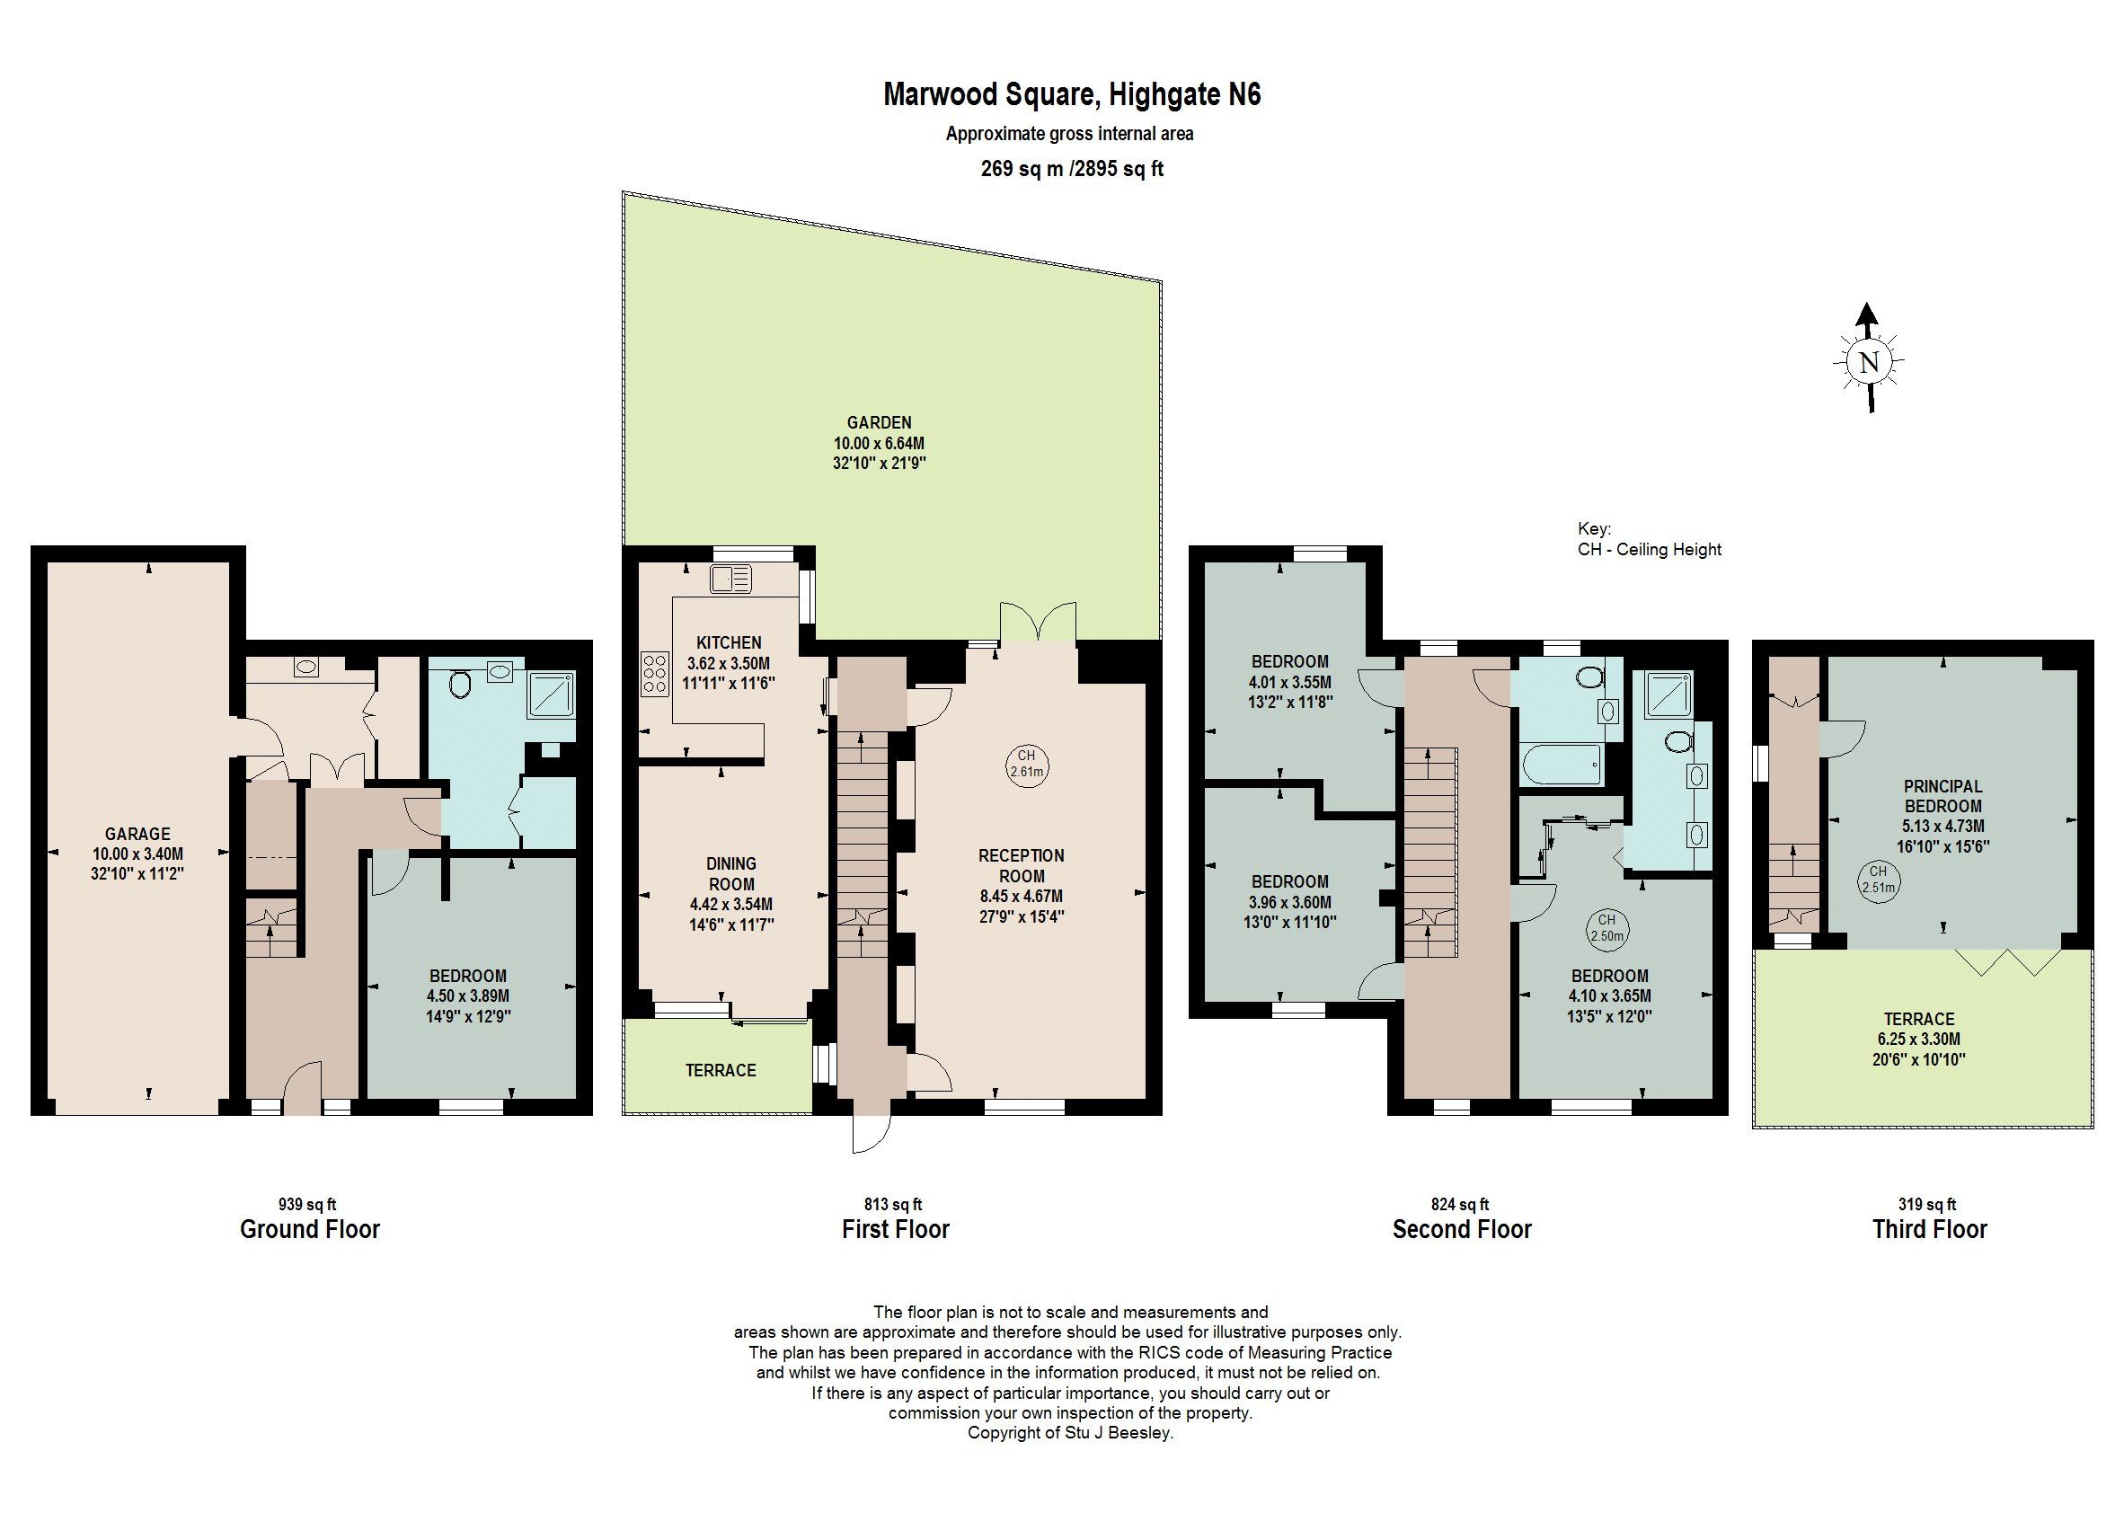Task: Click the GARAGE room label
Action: point(137,834)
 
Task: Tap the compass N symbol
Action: point(1868,362)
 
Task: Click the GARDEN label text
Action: point(879,423)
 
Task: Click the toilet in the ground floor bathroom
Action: point(458,686)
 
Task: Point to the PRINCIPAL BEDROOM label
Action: point(1943,796)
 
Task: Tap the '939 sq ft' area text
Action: point(307,1204)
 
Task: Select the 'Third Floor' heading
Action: point(1929,1229)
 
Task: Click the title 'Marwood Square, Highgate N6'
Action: point(1070,95)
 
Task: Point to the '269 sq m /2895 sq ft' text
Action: point(1070,169)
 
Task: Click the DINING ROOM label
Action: point(730,873)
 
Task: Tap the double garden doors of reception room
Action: point(1037,623)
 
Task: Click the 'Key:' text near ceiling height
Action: point(1593,528)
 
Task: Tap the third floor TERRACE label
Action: point(1918,1019)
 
